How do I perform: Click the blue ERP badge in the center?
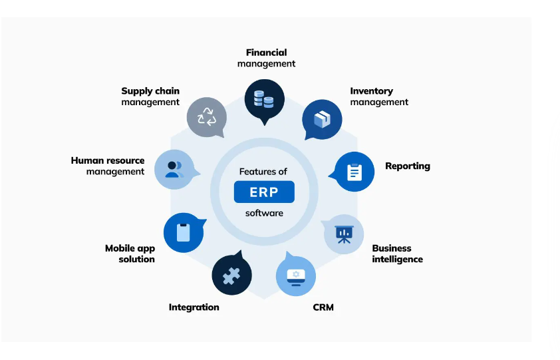click(x=264, y=192)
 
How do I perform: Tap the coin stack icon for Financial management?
click(x=264, y=99)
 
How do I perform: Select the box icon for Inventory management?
click(x=322, y=120)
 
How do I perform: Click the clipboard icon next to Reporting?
click(x=354, y=172)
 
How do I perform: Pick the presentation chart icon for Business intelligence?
click(x=344, y=234)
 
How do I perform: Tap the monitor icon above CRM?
click(x=295, y=275)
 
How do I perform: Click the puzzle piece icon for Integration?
click(x=231, y=275)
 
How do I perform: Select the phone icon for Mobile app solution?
click(x=183, y=233)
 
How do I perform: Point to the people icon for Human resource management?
click(x=174, y=169)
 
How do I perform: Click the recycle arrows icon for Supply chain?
click(x=207, y=117)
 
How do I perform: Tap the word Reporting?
click(x=407, y=166)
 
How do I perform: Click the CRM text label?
click(x=323, y=307)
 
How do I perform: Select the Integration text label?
click(x=194, y=307)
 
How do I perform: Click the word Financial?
click(x=266, y=53)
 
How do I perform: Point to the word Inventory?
click(x=371, y=91)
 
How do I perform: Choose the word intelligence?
click(x=397, y=260)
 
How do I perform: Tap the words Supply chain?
click(x=150, y=91)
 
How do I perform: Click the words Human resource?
click(x=108, y=160)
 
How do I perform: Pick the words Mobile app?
click(x=130, y=248)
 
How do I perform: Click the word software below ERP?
click(x=264, y=213)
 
